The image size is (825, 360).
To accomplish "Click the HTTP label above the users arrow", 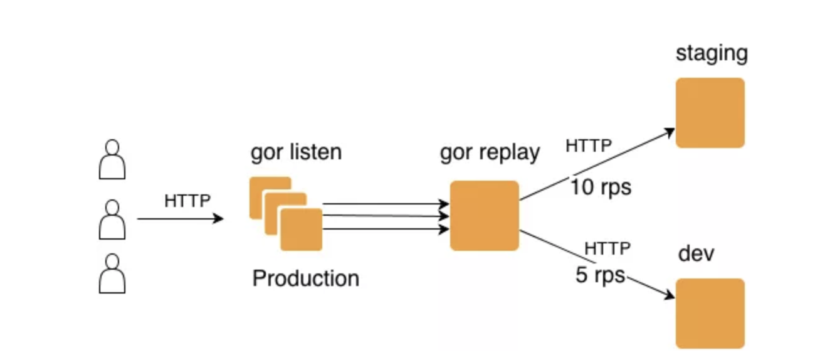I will click(188, 201).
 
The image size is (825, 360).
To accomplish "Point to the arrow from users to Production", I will click(180, 219).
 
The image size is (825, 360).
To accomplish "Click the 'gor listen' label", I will click(296, 152).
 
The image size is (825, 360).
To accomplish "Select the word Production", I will click(305, 278).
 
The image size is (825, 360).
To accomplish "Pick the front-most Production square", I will click(302, 230).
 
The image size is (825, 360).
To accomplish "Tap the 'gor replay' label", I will click(490, 152).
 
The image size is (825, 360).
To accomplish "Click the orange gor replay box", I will click(485, 216).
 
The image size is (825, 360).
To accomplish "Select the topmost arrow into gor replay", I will click(386, 204).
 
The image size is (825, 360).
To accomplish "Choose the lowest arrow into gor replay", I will click(386, 229).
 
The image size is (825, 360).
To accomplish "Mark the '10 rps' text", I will click(601, 187).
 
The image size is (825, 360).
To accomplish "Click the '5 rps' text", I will click(601, 275).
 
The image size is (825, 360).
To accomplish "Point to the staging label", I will click(712, 53).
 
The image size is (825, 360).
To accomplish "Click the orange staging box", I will click(710, 113).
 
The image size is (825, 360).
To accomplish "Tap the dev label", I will click(696, 255).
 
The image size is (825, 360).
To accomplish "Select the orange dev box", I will click(710, 314).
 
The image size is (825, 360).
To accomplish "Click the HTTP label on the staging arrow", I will click(589, 146).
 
